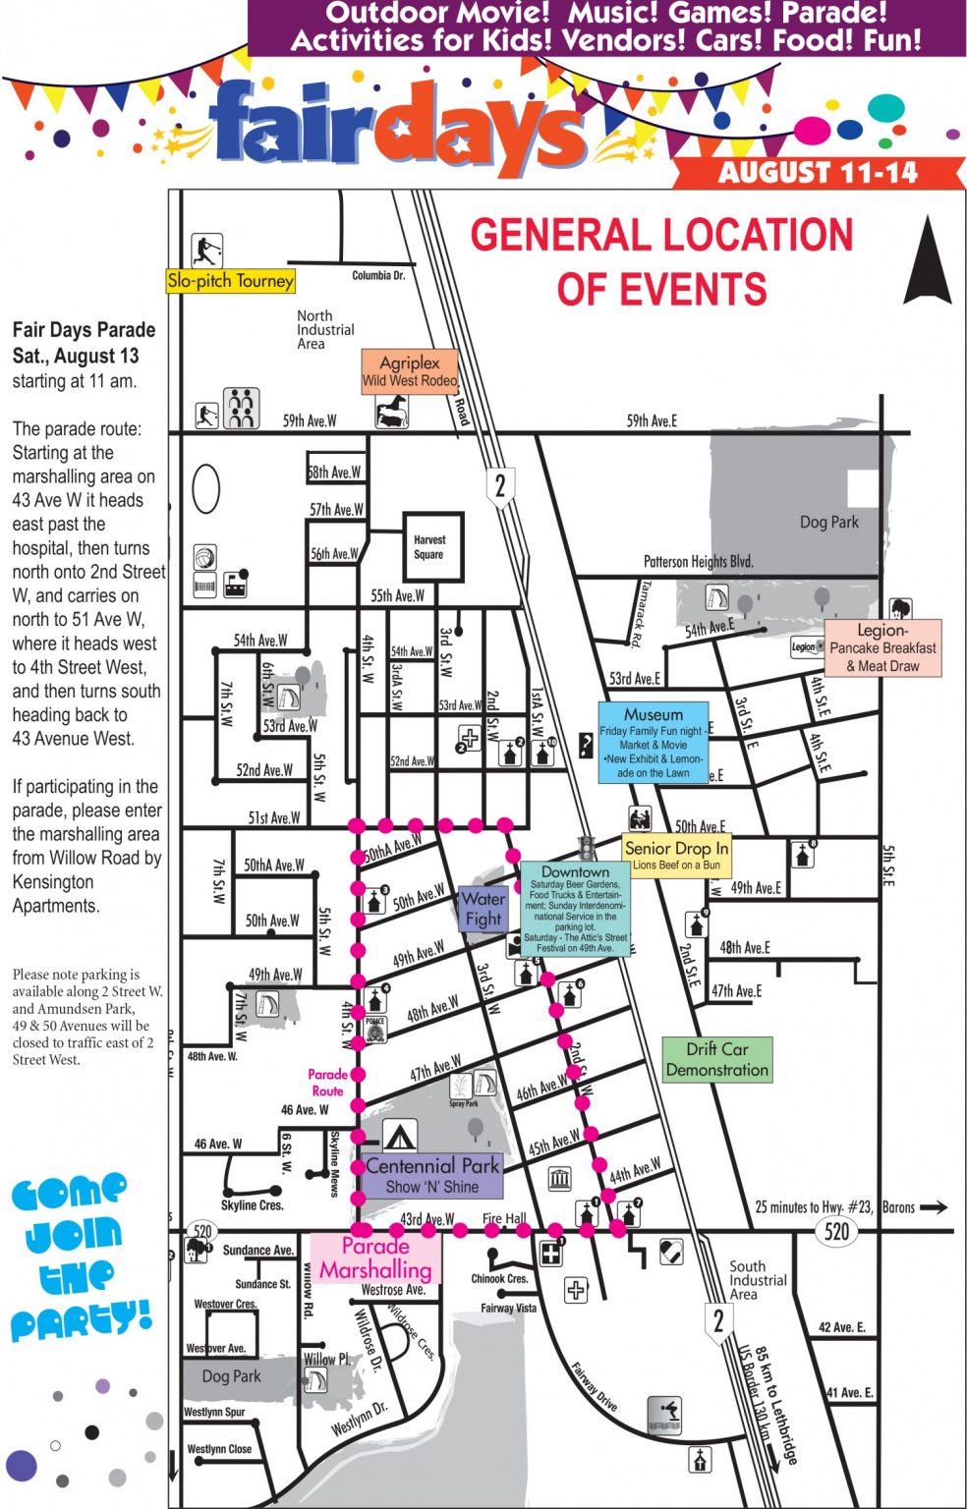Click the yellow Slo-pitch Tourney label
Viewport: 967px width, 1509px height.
click(231, 281)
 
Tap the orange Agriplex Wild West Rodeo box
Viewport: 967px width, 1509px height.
click(410, 371)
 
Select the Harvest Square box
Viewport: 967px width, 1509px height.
click(430, 547)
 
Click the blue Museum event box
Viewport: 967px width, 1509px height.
click(654, 742)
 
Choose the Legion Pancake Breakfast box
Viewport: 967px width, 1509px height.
click(882, 647)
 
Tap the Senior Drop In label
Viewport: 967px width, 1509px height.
click(677, 854)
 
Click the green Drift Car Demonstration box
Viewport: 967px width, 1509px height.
click(717, 1060)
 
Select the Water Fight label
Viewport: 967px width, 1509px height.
click(483, 909)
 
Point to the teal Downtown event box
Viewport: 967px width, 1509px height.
click(576, 910)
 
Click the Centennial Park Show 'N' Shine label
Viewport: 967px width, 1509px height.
click(432, 1175)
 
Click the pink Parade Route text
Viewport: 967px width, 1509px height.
click(327, 1083)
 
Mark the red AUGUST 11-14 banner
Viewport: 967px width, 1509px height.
click(818, 173)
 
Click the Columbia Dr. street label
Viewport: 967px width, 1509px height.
click(378, 276)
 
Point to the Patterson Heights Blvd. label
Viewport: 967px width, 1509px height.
click(699, 562)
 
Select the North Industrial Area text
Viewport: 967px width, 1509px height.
click(325, 330)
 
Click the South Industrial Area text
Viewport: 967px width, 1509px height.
click(757, 1280)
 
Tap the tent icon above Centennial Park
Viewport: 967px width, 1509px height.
click(398, 1136)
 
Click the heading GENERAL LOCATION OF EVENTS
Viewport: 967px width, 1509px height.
click(661, 262)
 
